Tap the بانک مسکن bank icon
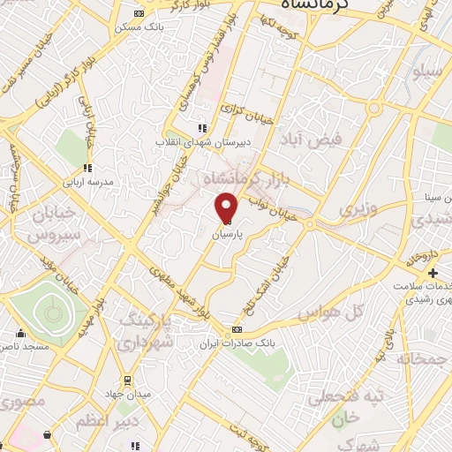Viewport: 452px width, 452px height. (x=138, y=14)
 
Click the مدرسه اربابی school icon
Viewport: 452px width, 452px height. (x=87, y=168)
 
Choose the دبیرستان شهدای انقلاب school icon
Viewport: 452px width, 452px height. (x=203, y=128)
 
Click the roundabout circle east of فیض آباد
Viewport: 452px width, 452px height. (x=373, y=109)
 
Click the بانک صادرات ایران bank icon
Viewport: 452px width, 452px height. (x=235, y=330)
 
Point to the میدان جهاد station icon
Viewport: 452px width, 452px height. (x=129, y=380)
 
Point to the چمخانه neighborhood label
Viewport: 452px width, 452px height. (x=424, y=360)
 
